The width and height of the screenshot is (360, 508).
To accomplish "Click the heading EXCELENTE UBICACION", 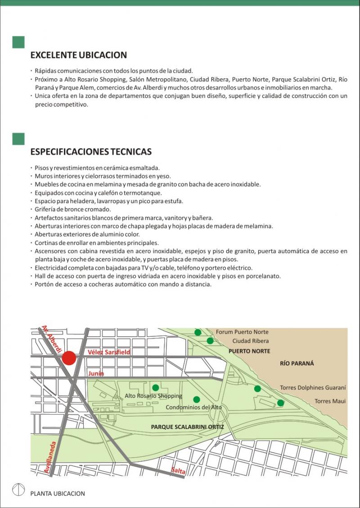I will pos(78,55).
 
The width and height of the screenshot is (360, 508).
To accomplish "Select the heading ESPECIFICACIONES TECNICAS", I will pos(90,152).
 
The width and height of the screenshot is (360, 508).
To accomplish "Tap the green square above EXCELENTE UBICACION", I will pos(18,42).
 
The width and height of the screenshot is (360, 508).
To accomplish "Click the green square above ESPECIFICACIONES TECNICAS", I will pos(18,139).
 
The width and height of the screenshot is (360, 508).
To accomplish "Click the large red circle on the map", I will pos(69,358).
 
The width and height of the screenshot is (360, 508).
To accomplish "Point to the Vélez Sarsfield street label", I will pos(109,352).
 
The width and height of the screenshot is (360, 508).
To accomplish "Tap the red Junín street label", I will pos(96,373).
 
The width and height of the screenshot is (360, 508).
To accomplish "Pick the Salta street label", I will pos(178,471).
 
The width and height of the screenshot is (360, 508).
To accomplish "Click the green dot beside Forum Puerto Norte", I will pos(198,332).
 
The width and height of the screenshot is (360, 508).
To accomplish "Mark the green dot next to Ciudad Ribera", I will pos(210,341).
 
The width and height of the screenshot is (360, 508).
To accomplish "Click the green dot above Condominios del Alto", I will pos(196,399).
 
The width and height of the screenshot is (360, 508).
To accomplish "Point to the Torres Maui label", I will pos(330,401).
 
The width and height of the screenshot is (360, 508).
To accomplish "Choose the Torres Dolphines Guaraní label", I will pos(313,388).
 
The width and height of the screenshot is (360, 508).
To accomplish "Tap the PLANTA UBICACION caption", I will pos(58,493).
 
